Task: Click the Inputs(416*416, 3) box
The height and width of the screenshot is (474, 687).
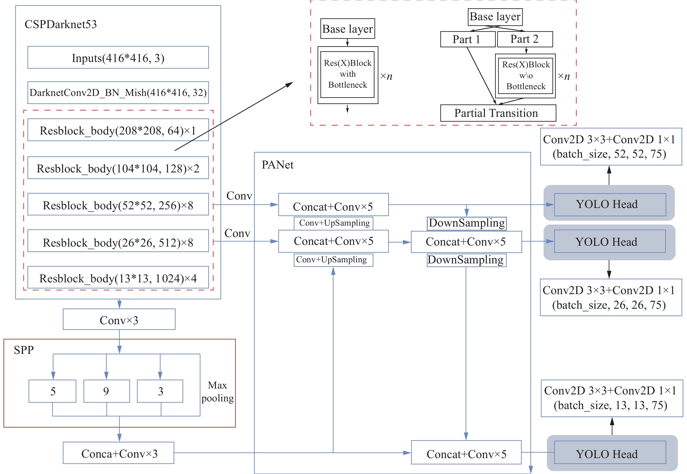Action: tap(118, 58)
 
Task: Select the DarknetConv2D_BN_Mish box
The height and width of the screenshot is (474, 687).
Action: tap(118, 93)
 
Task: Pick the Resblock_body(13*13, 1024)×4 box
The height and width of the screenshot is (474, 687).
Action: tap(118, 278)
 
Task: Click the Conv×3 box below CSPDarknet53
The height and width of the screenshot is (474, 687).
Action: tap(119, 320)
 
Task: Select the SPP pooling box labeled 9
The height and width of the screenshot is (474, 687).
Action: tap(106, 391)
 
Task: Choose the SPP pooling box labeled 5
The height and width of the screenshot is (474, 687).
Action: tap(53, 391)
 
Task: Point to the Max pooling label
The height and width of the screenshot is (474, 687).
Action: tap(217, 391)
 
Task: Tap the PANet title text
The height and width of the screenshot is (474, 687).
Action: tap(277, 165)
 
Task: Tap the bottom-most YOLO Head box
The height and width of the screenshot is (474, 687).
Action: tap(610, 453)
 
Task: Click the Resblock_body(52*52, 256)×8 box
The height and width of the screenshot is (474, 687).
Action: tap(118, 205)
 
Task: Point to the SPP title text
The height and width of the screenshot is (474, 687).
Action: tap(24, 350)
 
